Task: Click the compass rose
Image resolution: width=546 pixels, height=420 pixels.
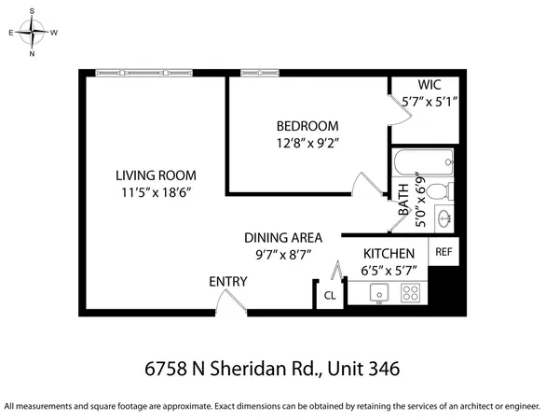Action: (34, 32)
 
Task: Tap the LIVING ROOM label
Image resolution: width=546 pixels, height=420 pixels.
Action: (156, 175)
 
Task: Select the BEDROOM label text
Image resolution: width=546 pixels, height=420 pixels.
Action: (307, 126)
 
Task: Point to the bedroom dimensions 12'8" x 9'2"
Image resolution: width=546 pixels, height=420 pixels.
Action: (307, 144)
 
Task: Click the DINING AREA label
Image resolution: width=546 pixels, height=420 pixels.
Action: (283, 238)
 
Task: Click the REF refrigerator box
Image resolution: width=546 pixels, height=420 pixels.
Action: (444, 251)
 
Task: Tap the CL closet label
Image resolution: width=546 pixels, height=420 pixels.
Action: (329, 296)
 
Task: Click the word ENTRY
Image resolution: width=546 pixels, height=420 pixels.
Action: (228, 282)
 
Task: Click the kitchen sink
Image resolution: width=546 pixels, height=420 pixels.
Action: (378, 293)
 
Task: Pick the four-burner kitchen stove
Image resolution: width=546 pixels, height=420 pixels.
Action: (410, 293)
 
